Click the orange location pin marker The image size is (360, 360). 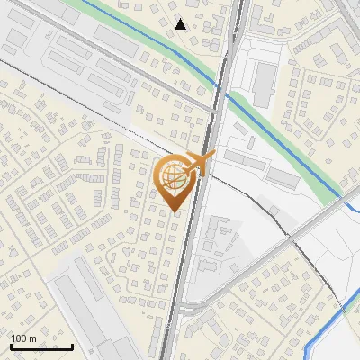pyautogui.click(x=175, y=180)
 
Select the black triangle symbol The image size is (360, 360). pyautogui.click(x=181, y=24)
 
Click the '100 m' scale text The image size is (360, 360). pyautogui.click(x=24, y=338)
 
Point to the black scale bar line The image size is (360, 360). pyautogui.click(x=41, y=346)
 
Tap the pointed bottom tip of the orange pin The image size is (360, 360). pyautogui.click(x=175, y=211)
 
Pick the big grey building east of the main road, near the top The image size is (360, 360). pyautogui.click(x=265, y=81)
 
